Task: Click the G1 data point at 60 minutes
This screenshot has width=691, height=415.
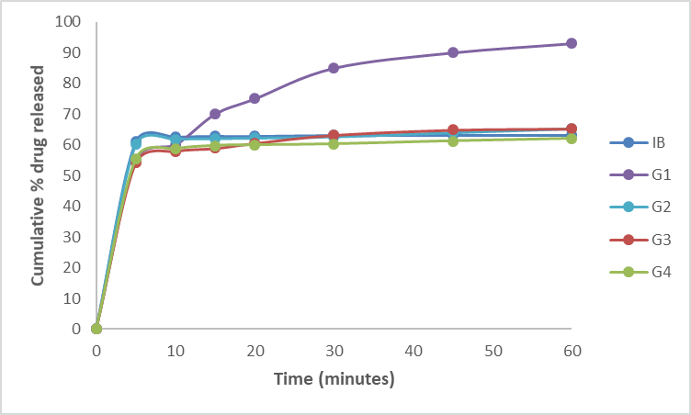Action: [x=572, y=43]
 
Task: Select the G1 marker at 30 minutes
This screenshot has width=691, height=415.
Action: [x=334, y=68]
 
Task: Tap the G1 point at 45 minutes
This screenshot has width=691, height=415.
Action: [x=453, y=52]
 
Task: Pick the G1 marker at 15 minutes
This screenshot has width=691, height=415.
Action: [x=215, y=114]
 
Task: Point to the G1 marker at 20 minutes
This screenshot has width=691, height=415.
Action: [x=255, y=98]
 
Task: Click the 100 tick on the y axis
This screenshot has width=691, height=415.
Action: [x=68, y=21]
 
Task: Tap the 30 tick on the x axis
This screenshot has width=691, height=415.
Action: [x=334, y=351]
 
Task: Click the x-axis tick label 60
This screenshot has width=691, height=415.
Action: [x=572, y=351]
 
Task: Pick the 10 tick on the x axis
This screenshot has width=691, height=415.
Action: [x=176, y=351]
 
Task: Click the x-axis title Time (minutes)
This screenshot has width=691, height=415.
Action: [x=333, y=379]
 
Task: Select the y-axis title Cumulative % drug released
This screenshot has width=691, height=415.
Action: [x=40, y=174]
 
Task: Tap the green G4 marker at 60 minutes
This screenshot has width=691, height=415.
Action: [x=572, y=138]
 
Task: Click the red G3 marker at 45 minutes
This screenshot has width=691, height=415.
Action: [x=453, y=130]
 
